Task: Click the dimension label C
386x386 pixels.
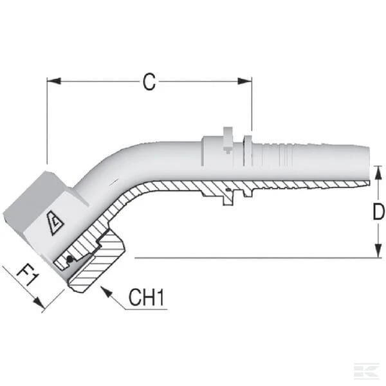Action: coord(149,82)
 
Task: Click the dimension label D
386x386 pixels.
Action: coord(379,212)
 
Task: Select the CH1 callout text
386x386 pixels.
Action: coord(146,297)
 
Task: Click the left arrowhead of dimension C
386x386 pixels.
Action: coord(53,81)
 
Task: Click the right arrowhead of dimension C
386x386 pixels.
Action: coord(244,81)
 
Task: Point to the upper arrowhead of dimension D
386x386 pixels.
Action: coord(378,172)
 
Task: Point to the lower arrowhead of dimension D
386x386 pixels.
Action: coord(378,251)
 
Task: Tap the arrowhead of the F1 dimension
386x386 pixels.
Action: coord(40,302)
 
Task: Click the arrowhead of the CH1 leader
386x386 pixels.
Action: coord(106,291)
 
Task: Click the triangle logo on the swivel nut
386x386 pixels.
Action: coord(55,223)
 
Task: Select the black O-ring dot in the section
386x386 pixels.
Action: coord(69,259)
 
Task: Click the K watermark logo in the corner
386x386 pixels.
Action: coord(367,371)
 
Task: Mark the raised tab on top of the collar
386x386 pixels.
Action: coord(228,140)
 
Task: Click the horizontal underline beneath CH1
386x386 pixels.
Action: coord(146,309)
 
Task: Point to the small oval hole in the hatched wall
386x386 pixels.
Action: coord(229,190)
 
